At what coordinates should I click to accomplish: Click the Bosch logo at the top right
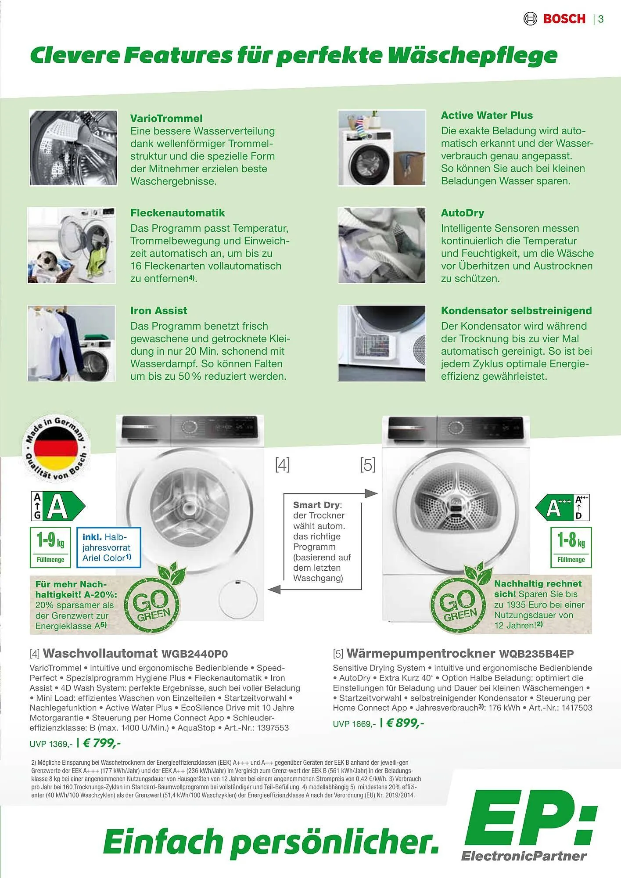(556, 19)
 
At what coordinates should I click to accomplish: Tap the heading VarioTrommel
(166, 119)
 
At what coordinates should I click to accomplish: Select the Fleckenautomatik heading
(177, 213)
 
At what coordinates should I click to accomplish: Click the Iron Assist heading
(158, 311)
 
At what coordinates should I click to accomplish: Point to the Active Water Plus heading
(487, 115)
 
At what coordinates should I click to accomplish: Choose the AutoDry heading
(462, 213)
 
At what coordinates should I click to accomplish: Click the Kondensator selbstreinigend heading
(516, 311)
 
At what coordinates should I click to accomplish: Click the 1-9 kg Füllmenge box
(50, 547)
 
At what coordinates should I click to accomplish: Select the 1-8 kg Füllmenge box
(571, 547)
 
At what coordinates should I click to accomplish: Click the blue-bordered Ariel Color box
(108, 547)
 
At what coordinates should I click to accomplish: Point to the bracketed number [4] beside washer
(282, 464)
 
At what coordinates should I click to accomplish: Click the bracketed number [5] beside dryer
(368, 464)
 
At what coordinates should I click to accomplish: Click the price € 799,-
(102, 743)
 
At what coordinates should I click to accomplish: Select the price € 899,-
(405, 723)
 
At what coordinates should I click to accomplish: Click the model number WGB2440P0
(194, 654)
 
